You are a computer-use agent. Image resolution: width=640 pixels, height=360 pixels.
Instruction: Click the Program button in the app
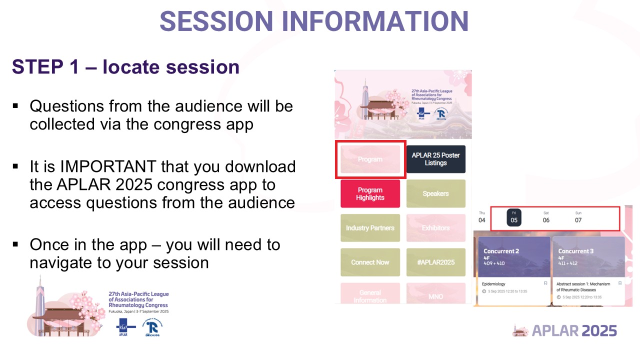[x=370, y=159]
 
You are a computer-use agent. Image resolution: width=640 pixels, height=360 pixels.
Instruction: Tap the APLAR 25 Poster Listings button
[x=435, y=159]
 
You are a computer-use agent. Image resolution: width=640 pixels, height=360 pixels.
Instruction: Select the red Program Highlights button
[x=370, y=193]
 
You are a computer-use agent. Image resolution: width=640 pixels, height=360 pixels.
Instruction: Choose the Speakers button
[x=435, y=193]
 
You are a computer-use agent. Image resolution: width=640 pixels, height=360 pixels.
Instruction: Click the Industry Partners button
[x=370, y=228]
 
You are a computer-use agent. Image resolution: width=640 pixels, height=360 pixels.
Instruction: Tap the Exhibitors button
[x=435, y=228]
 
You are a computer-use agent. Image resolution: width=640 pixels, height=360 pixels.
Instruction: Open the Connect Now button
[x=370, y=262]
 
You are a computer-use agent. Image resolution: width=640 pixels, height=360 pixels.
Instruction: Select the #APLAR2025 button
[x=435, y=262]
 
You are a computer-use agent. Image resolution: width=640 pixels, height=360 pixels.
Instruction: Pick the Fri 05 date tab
[x=514, y=217]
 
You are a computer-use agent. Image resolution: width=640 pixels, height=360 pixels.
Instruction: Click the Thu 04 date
[x=481, y=217]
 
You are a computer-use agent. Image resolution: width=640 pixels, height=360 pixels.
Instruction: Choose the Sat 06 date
[x=546, y=217]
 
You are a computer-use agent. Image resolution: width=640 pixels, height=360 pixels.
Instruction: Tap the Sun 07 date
[x=578, y=217]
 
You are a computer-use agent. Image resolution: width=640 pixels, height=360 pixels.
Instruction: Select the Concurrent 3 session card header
[x=588, y=256]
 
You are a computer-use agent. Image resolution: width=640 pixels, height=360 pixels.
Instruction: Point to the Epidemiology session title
[x=493, y=284]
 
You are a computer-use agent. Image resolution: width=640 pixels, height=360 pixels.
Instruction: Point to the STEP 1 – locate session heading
[x=125, y=66]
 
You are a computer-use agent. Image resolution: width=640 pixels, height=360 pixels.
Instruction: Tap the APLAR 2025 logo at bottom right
[x=565, y=330]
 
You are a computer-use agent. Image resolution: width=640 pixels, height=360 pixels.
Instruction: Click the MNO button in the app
[x=435, y=296]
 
